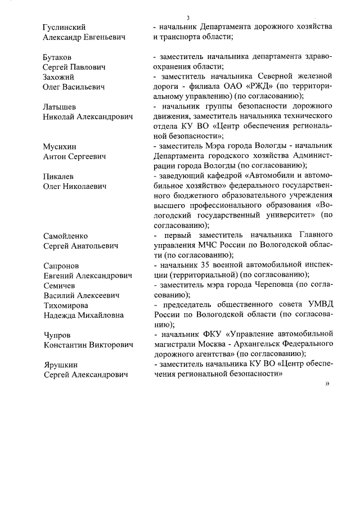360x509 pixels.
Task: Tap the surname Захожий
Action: [60, 77]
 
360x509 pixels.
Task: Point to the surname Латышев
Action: [61, 107]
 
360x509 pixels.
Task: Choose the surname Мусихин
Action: [61, 146]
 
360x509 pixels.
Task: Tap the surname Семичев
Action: [59, 285]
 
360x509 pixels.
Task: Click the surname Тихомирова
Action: [66, 305]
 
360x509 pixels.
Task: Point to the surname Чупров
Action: [57, 335]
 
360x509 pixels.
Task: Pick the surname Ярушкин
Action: [60, 364]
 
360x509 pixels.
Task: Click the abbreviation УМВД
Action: [317, 305]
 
